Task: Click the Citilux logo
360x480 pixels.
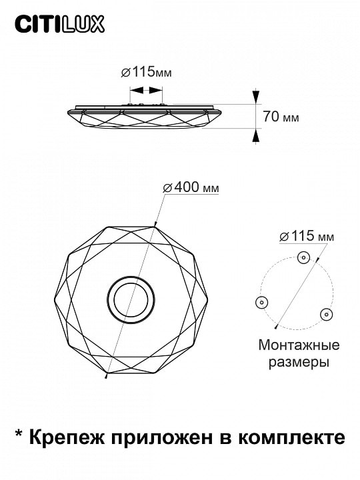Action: (60, 25)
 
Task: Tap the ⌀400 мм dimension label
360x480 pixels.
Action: (191, 187)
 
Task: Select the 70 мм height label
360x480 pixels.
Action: (281, 117)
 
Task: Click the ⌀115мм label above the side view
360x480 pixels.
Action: (146, 72)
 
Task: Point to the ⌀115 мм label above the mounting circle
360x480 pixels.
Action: (307, 236)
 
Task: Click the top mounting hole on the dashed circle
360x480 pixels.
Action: (304, 257)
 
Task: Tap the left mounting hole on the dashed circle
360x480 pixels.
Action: (261, 303)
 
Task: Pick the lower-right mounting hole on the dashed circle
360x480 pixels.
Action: (327, 314)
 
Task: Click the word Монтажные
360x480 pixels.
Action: (299, 345)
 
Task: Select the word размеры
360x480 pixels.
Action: (299, 363)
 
